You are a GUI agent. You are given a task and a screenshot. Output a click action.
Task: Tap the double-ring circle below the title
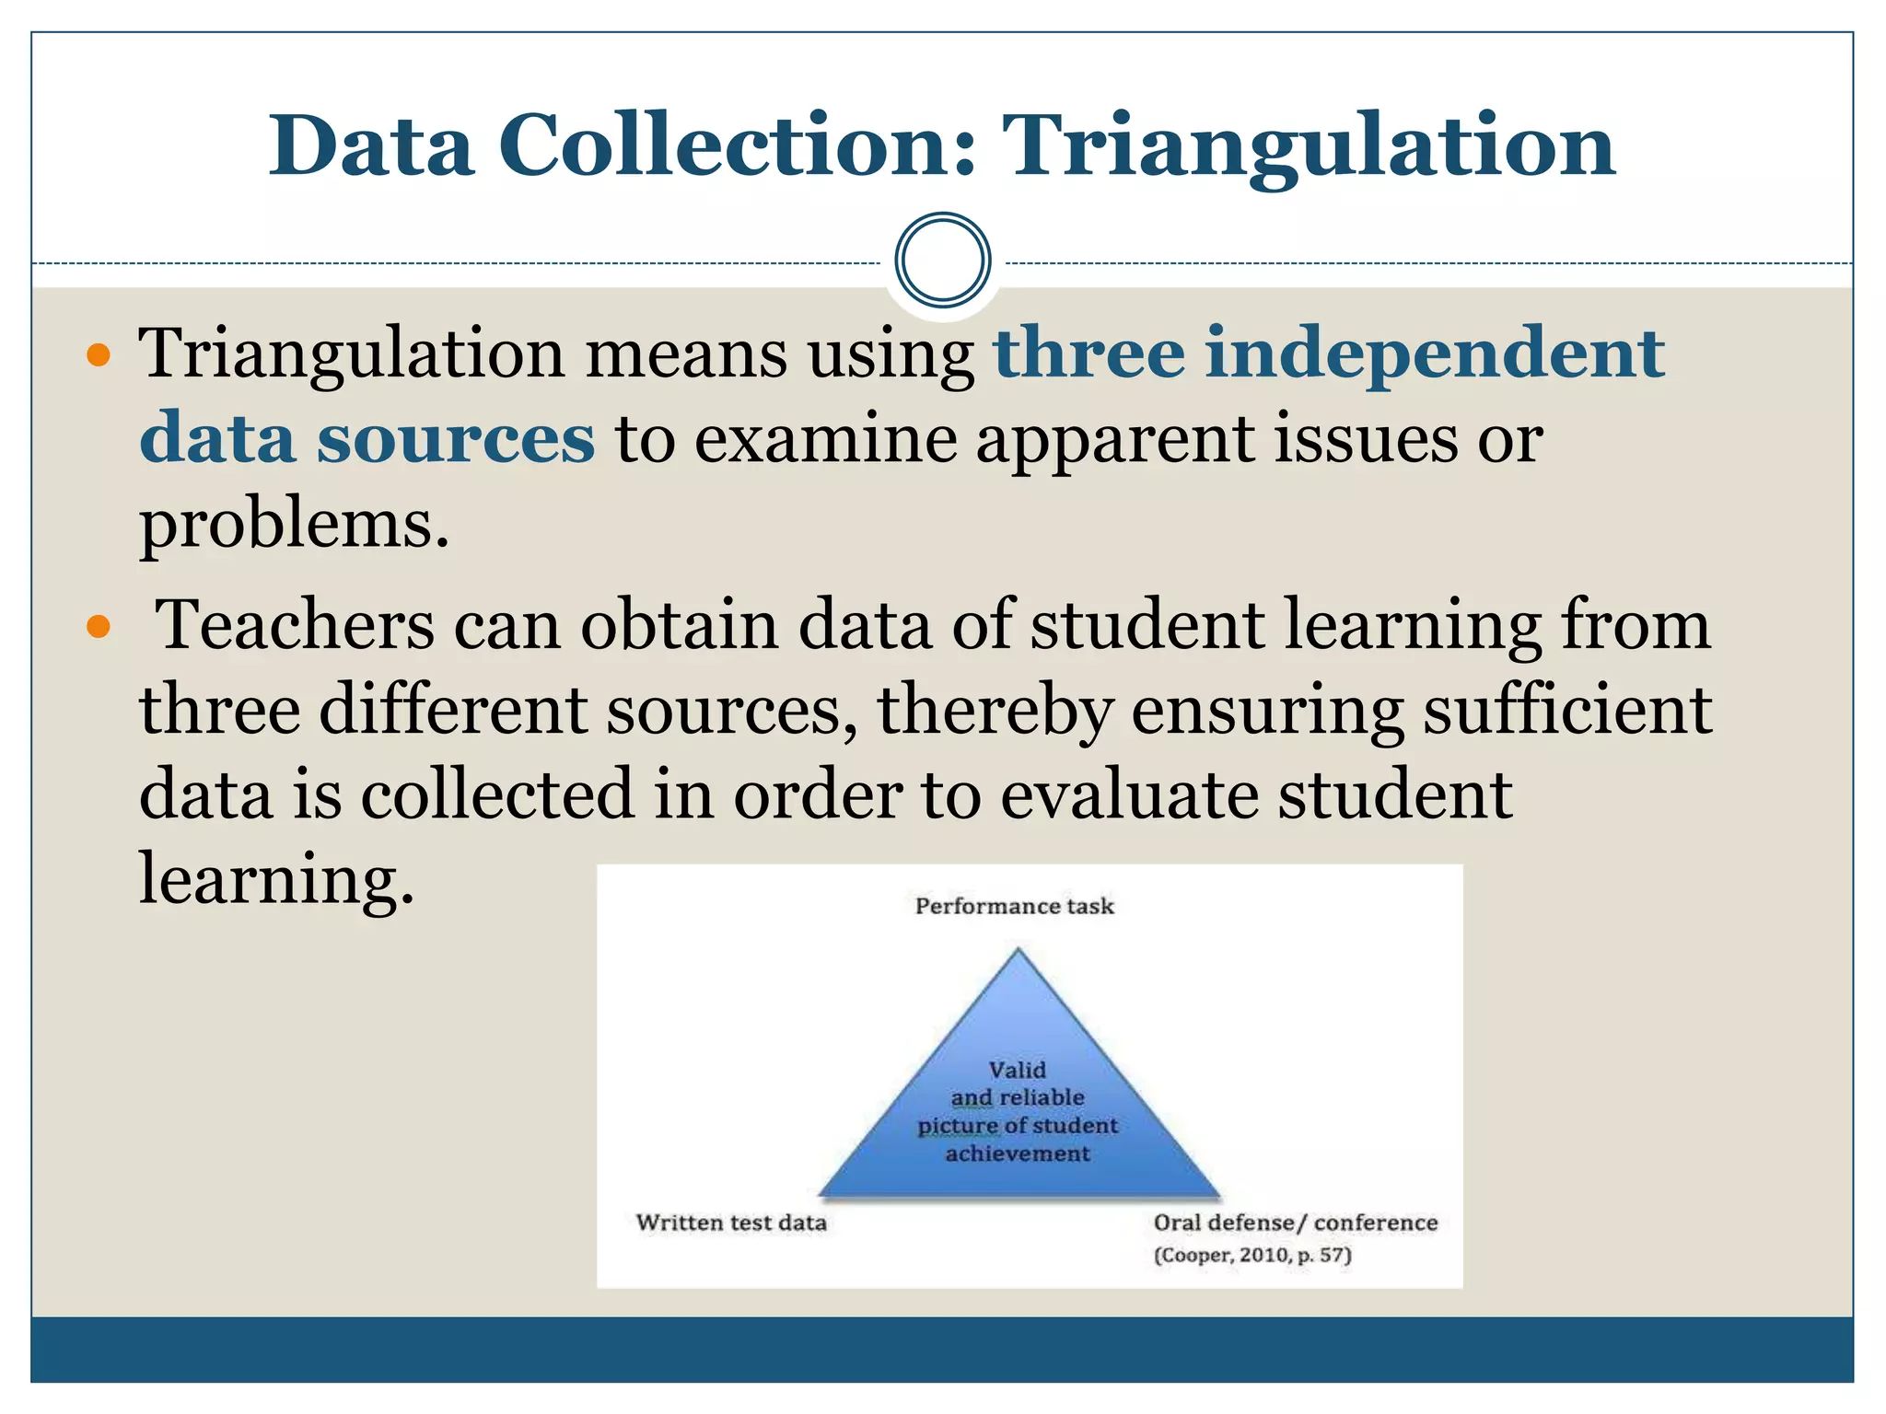(942, 260)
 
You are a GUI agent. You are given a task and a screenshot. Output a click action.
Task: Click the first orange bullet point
(98, 355)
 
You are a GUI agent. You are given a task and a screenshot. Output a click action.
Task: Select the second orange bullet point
(98, 628)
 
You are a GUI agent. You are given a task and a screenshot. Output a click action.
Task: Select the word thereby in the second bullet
(995, 711)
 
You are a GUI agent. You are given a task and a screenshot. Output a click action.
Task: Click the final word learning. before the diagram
(276, 878)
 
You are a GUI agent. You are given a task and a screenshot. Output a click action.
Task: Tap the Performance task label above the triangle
(1014, 907)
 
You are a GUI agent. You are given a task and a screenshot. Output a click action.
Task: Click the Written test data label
(731, 1223)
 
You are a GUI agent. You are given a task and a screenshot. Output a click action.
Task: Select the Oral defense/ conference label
(1295, 1223)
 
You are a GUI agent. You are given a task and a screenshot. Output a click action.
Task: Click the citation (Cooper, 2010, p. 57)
(1252, 1256)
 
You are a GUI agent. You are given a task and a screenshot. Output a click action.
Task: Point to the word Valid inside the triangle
(1017, 1070)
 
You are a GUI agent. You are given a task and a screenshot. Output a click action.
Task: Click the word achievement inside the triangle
(1017, 1154)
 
